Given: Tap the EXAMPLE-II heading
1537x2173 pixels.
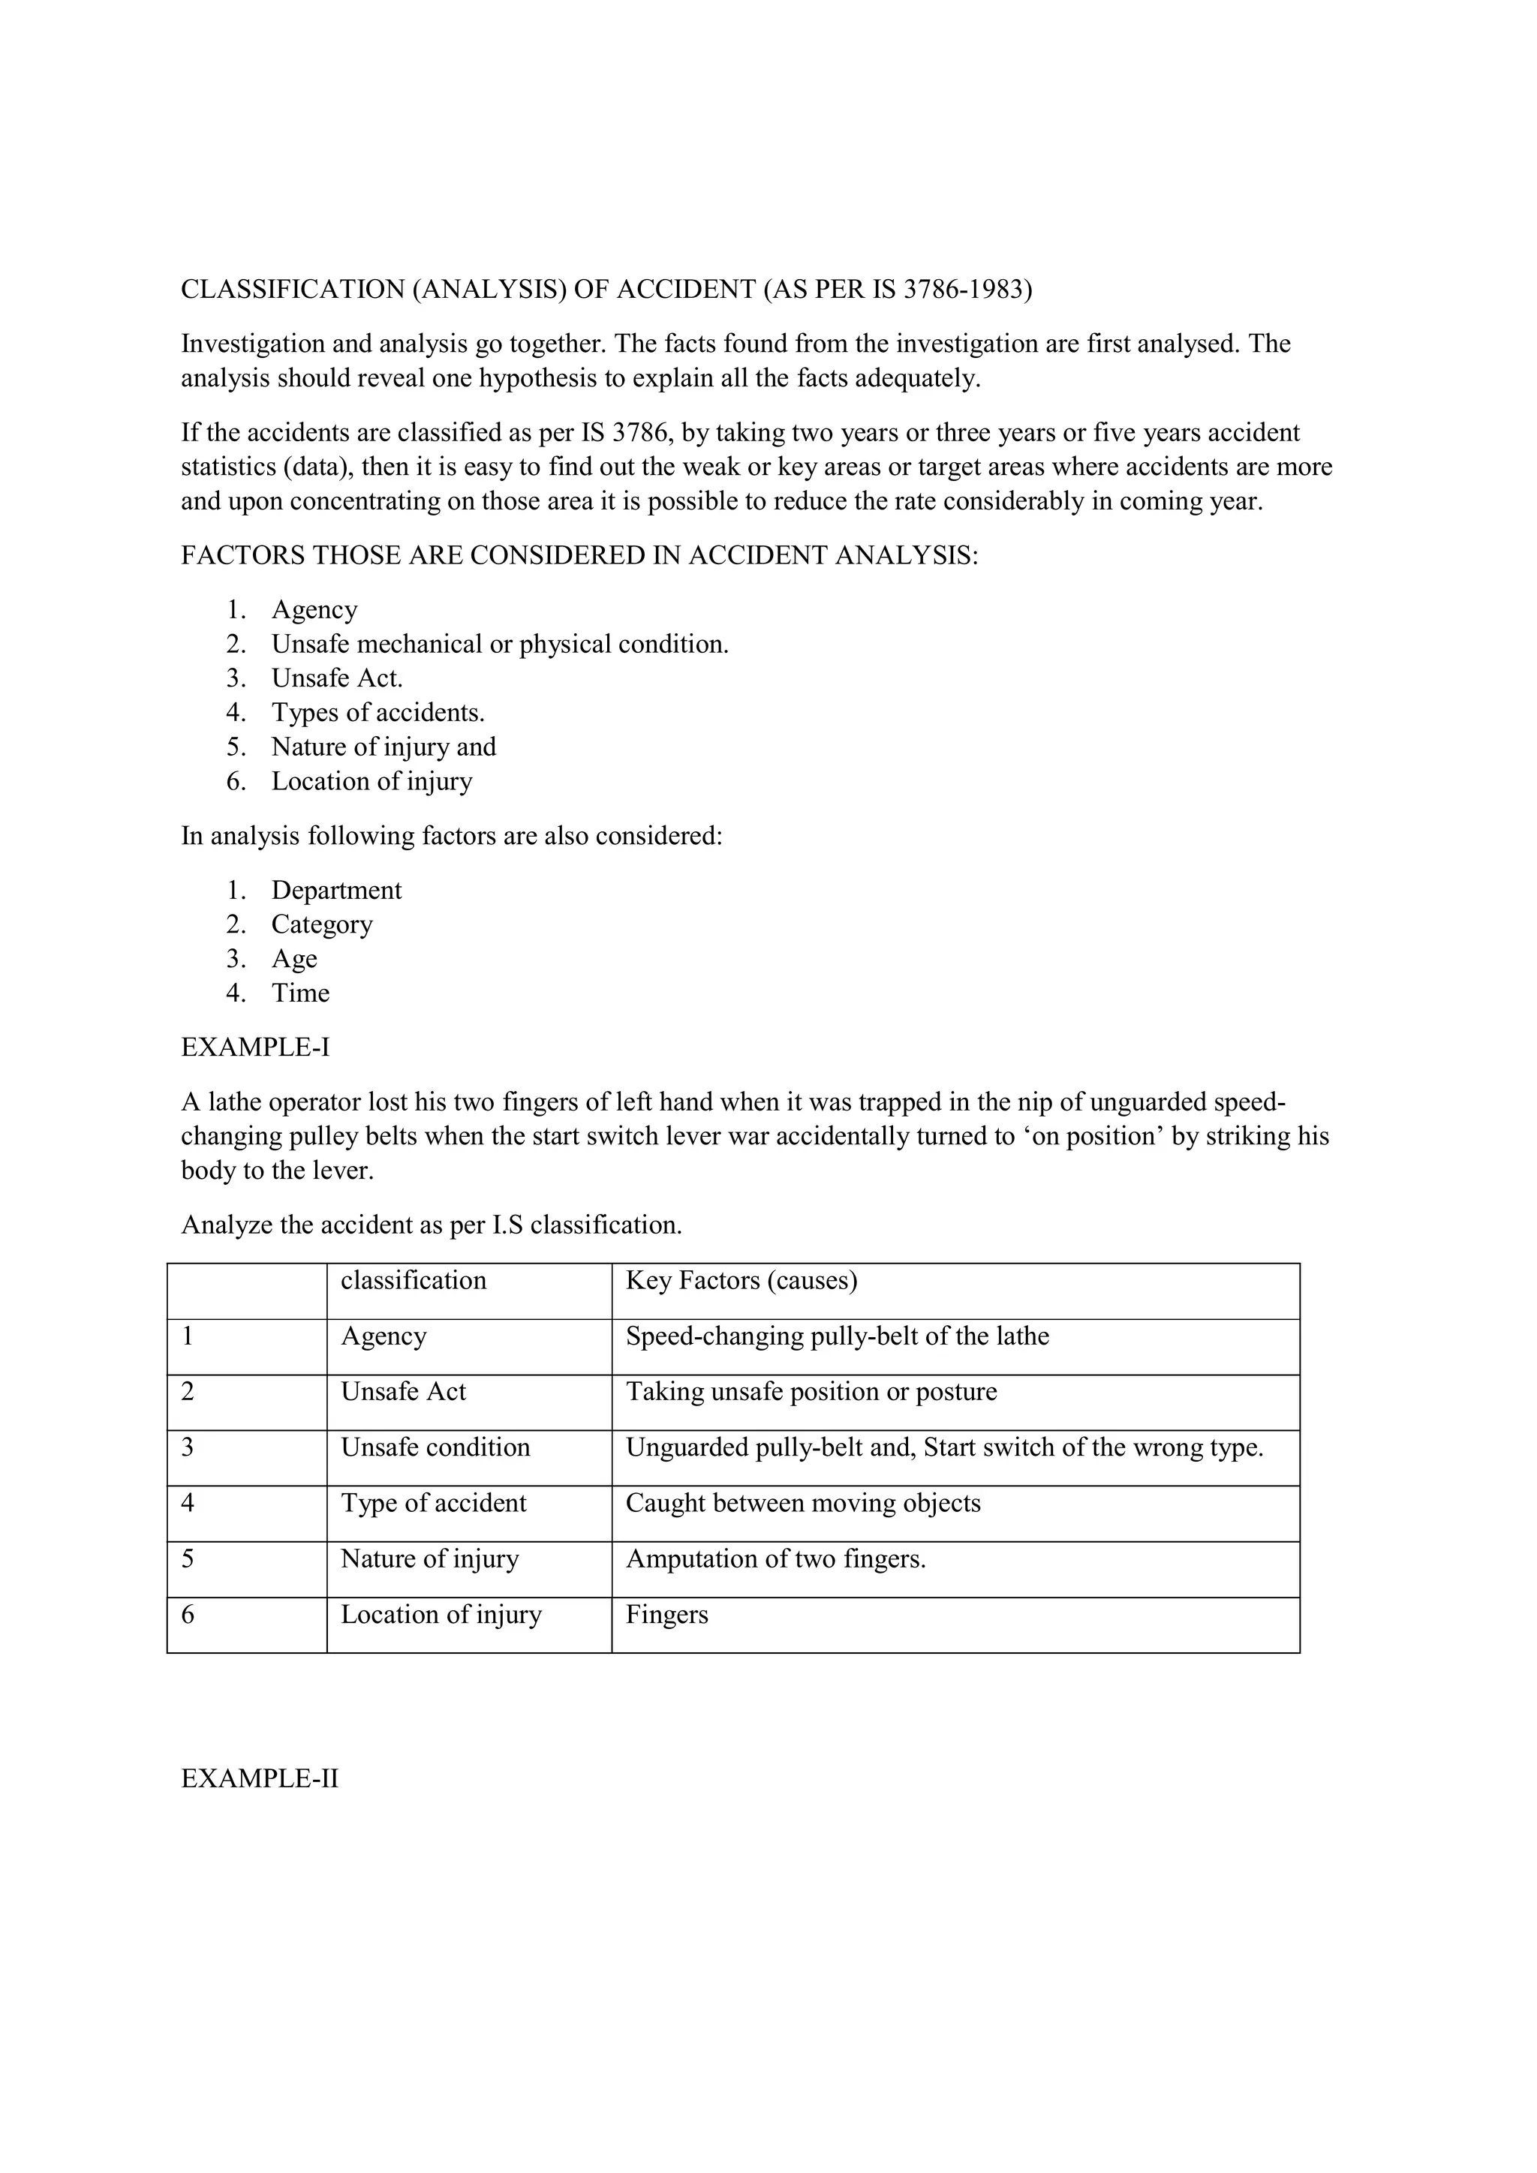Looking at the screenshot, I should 260,1778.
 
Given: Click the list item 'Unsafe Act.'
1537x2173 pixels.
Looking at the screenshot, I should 337,678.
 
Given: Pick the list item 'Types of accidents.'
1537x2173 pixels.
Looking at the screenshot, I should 377,713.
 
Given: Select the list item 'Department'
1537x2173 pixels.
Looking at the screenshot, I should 336,891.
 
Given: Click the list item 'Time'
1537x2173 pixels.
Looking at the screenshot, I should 300,993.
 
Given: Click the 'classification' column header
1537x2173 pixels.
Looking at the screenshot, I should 413,1281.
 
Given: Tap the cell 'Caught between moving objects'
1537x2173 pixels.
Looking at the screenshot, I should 802,1503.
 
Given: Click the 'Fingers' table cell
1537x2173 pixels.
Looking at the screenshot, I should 666,1615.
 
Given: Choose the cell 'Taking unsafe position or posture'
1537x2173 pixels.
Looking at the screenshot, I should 811,1392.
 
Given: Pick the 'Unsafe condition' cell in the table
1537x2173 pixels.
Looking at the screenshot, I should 435,1447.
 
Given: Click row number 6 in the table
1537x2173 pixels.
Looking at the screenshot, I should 188,1615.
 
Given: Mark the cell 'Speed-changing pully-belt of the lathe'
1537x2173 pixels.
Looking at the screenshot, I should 837,1336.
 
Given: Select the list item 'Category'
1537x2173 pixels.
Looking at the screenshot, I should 322,924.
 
